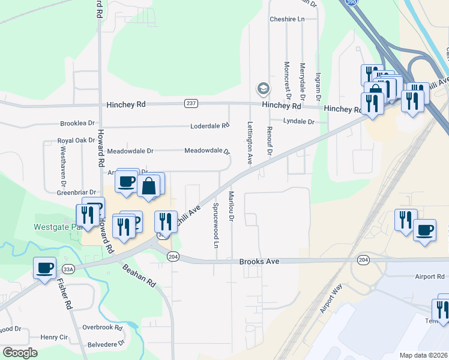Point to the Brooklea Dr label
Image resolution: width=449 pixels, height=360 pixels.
pyautogui.click(x=77, y=123)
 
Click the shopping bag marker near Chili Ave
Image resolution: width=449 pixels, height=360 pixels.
pyautogui.click(x=148, y=186)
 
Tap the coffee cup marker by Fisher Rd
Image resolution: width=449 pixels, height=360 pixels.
pyautogui.click(x=45, y=268)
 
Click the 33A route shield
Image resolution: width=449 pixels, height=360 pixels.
pyautogui.click(x=68, y=269)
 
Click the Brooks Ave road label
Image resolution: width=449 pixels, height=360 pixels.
pyautogui.click(x=259, y=262)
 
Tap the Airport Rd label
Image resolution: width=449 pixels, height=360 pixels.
pyautogui.click(x=429, y=277)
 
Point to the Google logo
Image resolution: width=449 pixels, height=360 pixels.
pyautogui.click(x=20, y=353)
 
